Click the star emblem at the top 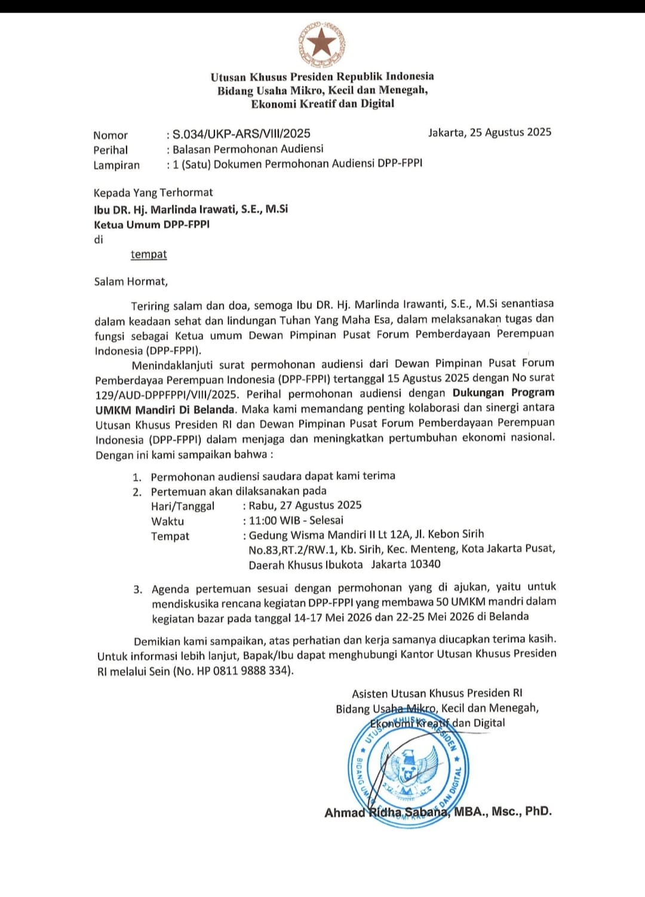pos(322,44)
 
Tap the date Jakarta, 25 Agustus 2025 pos(490,132)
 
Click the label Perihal pos(110,150)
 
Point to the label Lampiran pos(116,165)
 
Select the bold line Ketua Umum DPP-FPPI pos(152,225)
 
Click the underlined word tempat pos(149,254)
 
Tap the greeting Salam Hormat pos(131,281)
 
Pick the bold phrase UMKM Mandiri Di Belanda pos(165,410)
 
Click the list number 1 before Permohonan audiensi pos(137,477)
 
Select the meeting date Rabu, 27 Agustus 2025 pos(305,505)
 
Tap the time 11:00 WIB pos(275,520)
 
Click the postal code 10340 pos(422,564)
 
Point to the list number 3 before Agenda pos(137,589)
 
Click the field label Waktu pos(167,521)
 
